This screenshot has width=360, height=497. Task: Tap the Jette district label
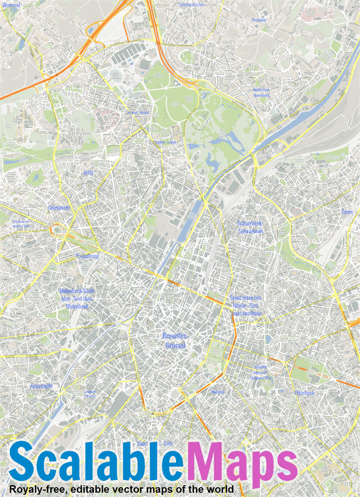88,172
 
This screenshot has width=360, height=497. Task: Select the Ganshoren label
59,208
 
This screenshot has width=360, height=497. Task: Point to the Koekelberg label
87,256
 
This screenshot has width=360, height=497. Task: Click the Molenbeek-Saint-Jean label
77,298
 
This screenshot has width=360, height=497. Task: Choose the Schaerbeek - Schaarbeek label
250,227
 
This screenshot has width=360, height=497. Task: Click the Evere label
347,212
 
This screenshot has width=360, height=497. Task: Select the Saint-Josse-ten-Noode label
245,305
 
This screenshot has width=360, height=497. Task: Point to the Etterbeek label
304,393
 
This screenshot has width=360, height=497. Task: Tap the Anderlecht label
41,386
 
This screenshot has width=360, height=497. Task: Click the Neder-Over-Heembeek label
261,92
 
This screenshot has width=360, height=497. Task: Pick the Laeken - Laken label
165,143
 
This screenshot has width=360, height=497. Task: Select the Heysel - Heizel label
138,113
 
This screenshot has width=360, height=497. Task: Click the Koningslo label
259,20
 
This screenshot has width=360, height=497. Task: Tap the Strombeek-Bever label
192,4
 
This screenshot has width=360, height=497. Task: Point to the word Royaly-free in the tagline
37,489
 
